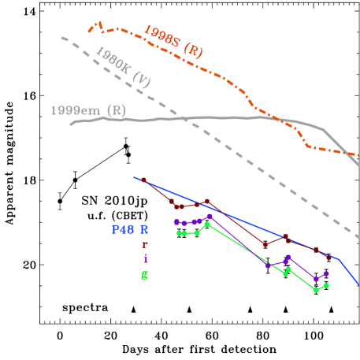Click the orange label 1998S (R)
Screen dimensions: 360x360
coord(173,41)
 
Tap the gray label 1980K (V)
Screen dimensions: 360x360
coord(122,67)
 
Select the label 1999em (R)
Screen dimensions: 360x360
coord(87,110)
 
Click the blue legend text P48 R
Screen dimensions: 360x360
coord(129,230)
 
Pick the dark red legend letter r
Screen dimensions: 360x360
coord(144,245)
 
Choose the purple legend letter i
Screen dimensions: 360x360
coord(145,258)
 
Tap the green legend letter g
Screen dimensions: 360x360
coord(144,275)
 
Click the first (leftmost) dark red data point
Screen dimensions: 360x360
coord(144,180)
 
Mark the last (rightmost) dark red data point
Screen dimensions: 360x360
coord(328,258)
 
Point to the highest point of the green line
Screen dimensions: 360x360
coord(207,224)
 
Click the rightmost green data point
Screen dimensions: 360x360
coord(326,285)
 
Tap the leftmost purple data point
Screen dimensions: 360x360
coord(176,222)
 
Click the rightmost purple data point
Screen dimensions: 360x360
coord(326,273)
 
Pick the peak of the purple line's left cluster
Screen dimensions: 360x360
coord(209,216)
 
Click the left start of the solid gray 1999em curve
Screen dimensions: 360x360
coord(71,124)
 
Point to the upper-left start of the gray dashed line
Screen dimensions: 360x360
coord(62,37)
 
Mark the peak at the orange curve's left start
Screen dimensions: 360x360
coord(99,24)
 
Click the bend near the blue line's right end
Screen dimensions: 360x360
coord(338,258)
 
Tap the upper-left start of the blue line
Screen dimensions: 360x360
coord(134,177)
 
